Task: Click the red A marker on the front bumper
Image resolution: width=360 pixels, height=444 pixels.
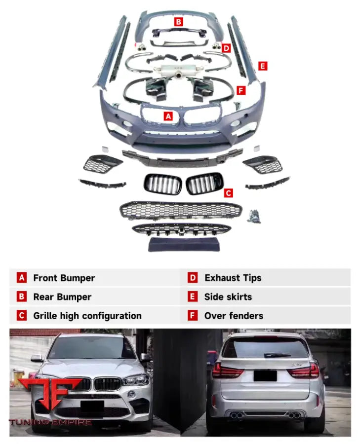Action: coord(168,116)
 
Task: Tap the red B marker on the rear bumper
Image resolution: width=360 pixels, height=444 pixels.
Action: coord(178,21)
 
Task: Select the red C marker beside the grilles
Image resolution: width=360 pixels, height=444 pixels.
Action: coord(228,193)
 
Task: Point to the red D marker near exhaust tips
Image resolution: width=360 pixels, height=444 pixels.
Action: coord(226,48)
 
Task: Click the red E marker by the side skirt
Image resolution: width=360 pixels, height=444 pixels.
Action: coord(262,66)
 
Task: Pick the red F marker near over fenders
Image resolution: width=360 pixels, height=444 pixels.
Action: coord(241,90)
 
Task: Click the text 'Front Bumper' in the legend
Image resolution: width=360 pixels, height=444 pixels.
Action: coord(64,278)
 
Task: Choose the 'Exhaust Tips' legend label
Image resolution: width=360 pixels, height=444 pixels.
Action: coord(233,278)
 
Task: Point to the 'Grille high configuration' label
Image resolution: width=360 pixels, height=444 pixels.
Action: coord(87,316)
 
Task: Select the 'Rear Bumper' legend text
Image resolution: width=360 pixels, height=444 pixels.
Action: coord(62,297)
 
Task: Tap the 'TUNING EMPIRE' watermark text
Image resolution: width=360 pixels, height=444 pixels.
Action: coord(50,422)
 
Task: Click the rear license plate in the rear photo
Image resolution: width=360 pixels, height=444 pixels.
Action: coord(265,375)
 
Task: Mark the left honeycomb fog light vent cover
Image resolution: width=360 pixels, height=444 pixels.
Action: coord(102,163)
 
